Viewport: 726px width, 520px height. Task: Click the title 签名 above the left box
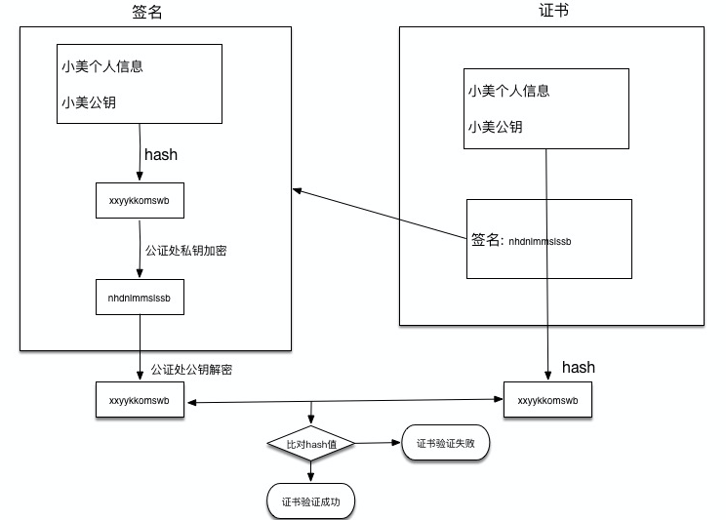tap(147, 13)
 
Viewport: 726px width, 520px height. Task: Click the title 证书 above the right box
tap(553, 13)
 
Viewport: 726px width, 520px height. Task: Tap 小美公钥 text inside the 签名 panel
tap(88, 100)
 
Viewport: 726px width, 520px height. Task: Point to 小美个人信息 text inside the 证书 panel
tap(508, 91)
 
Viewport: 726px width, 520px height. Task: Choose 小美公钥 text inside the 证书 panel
tap(495, 126)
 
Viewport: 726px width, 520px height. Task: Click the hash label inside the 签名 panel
tap(161, 155)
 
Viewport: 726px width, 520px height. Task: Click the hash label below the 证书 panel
tap(579, 368)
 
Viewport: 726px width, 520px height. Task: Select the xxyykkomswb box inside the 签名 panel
tap(140, 201)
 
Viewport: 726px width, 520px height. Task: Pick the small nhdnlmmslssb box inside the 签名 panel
tap(140, 298)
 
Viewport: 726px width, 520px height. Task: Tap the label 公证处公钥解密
tap(191, 370)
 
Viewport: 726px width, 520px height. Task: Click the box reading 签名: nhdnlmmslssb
tap(548, 239)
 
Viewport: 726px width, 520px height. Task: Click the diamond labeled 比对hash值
tap(310, 444)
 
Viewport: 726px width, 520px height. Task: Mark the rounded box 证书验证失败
tap(445, 444)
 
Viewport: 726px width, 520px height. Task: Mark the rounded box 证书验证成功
tap(311, 501)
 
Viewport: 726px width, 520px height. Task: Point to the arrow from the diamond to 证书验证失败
tap(377, 444)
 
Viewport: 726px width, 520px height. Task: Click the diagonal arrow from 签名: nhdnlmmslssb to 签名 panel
tap(381, 214)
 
